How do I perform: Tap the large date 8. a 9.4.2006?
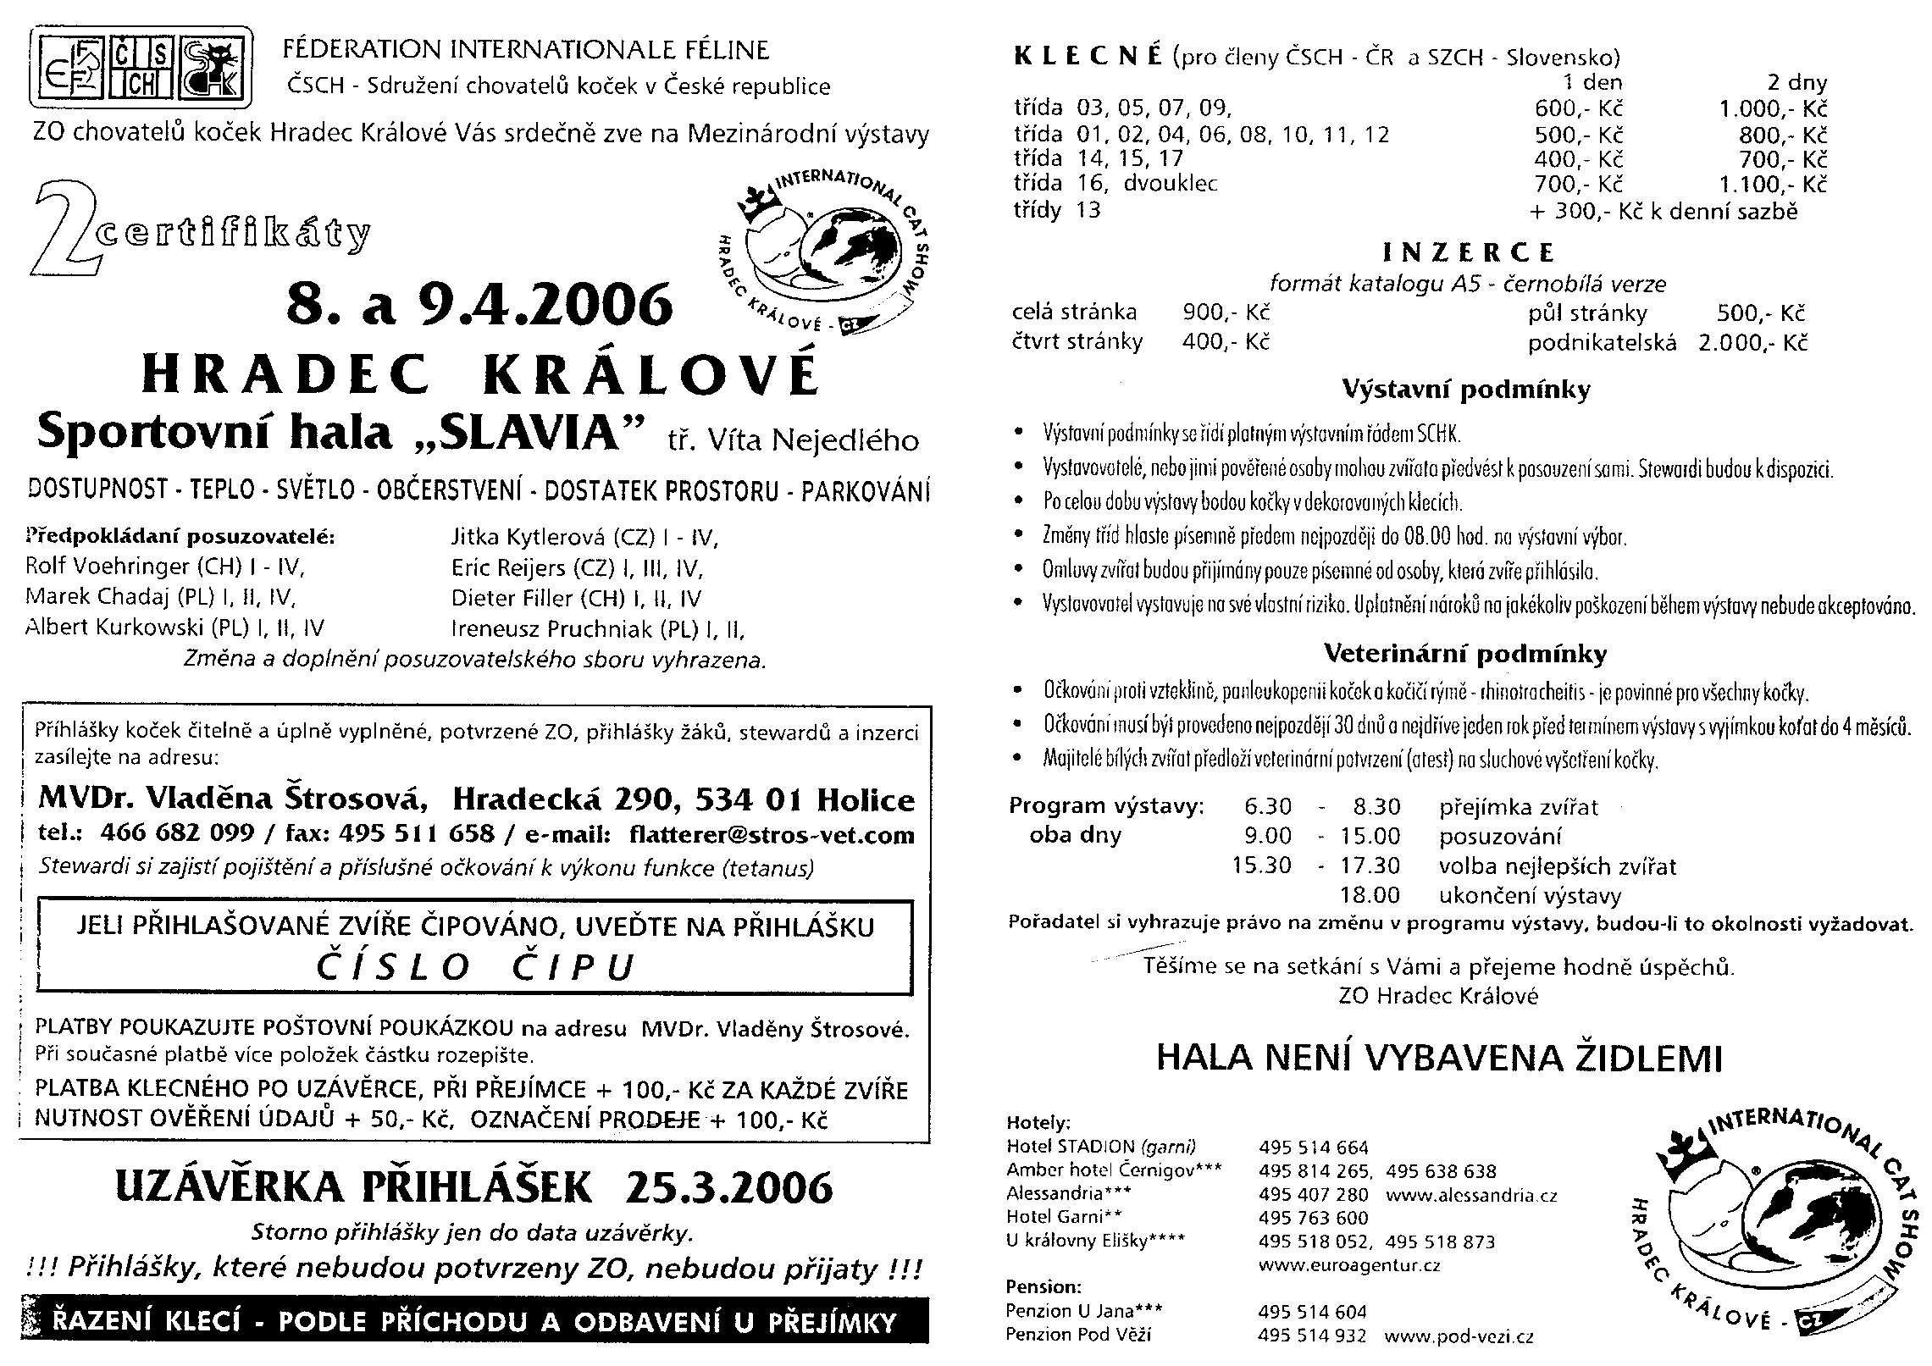tap(479, 306)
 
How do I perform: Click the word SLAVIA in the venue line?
tap(541, 433)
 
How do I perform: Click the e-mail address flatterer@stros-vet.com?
tap(772, 835)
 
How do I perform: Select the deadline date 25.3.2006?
tap(728, 1187)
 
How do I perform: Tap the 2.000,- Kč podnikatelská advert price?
tap(1752, 343)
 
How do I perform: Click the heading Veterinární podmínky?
tap(1464, 654)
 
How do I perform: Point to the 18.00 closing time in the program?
tap(1370, 895)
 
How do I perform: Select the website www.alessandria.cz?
tap(1472, 1196)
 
